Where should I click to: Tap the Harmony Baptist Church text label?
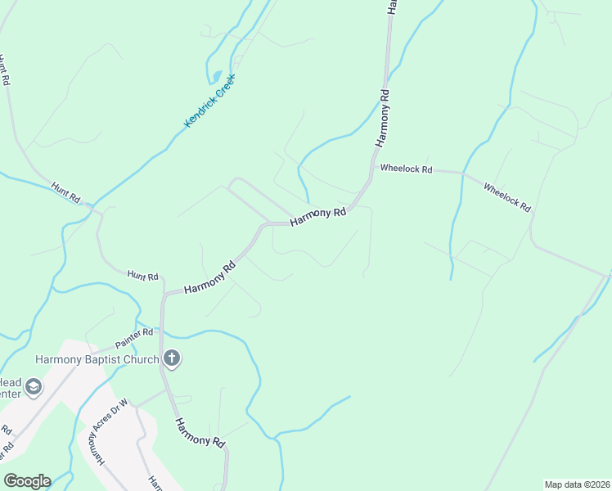97,358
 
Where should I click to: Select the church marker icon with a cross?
172,358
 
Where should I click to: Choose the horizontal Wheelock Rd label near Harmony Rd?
406,169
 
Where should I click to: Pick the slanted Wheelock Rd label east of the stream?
507,197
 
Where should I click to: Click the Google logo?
27,481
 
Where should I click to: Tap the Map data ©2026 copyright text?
576,484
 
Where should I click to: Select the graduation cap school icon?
34,386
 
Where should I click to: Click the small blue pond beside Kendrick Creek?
217,77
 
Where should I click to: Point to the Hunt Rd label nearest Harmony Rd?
142,277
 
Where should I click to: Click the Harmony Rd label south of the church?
200,432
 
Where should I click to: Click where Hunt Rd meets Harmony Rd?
164,295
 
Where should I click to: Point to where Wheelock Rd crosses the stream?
462,173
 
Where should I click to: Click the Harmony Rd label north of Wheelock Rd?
383,116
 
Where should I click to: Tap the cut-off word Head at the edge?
11,382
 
